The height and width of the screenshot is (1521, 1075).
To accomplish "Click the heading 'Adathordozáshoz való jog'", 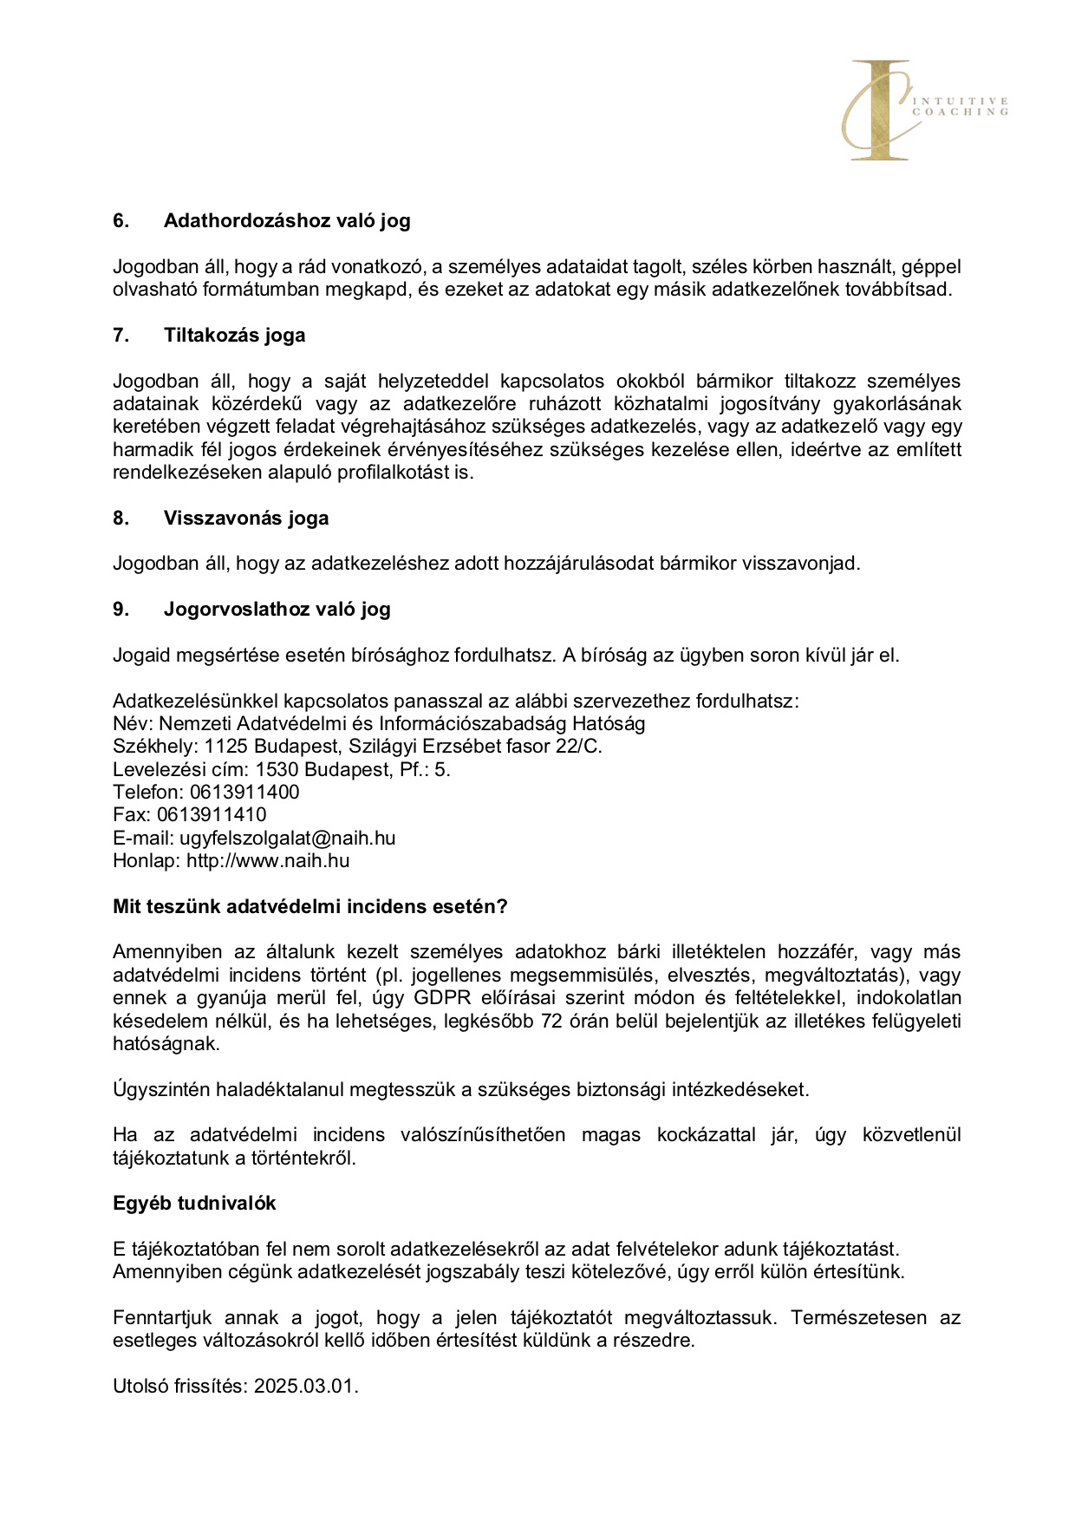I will pos(287,220).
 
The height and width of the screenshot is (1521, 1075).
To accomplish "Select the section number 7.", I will pos(121,335).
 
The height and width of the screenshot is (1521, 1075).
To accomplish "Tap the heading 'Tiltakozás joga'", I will pos(234,335).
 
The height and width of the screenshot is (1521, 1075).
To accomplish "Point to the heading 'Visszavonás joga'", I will pos(246,518).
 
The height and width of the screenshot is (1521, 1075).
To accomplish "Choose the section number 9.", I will pos(121,609).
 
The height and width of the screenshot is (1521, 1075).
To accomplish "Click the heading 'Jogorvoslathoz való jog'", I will pos(277,609).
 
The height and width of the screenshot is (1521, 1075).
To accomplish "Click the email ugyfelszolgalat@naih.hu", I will pos(287,838).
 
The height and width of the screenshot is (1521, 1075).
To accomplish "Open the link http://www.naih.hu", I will pos(268,860).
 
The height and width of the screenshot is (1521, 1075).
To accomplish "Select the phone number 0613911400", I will pos(244,792).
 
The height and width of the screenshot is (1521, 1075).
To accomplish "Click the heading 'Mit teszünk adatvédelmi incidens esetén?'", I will pos(309,906).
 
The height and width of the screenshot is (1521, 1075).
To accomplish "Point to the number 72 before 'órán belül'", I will pos(551,1021).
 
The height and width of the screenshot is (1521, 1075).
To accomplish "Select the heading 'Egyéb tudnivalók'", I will pos(194,1203).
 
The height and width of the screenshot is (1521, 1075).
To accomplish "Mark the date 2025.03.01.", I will pos(306,1386).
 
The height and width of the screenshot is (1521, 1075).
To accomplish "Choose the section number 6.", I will pos(121,220).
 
